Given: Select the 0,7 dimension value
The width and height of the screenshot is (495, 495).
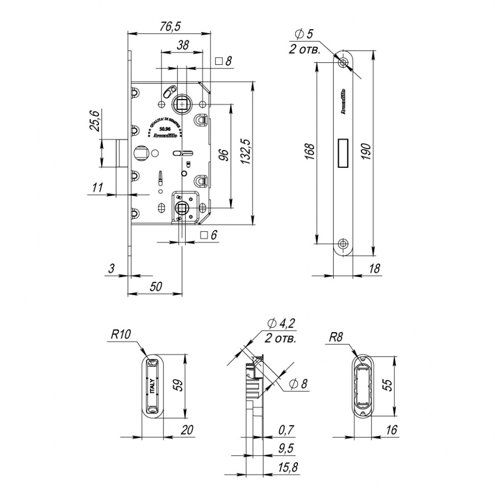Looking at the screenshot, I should click(x=287, y=430).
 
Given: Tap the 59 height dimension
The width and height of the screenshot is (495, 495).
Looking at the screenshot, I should click(x=177, y=384).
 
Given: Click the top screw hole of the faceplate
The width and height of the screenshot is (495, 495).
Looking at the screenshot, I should click(x=343, y=62).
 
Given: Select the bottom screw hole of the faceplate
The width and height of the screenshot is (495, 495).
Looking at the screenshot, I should click(x=343, y=243).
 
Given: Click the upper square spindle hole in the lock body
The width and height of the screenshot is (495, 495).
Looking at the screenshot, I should click(x=181, y=104).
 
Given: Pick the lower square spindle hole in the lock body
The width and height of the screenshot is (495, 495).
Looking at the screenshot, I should click(x=181, y=208).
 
